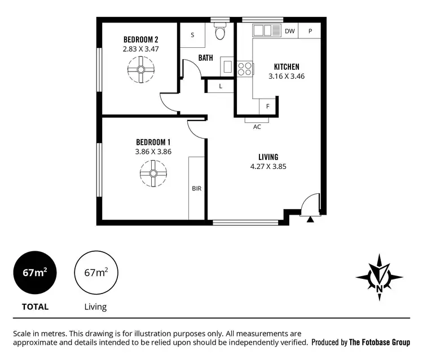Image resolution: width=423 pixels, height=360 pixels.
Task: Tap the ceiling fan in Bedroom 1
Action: click(152, 173)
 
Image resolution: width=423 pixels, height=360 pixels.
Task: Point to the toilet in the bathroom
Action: click(220, 33)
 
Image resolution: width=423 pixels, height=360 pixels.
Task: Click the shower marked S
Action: click(192, 35)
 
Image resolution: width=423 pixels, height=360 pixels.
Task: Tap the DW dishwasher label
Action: click(289, 32)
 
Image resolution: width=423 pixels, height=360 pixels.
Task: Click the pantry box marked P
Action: click(310, 32)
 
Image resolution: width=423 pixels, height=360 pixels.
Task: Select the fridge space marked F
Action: click(268, 106)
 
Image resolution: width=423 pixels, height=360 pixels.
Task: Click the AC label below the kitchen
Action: click(257, 127)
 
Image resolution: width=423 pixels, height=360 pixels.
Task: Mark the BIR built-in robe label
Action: click(196, 189)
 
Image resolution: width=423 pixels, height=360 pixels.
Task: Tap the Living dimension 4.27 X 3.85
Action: click(269, 166)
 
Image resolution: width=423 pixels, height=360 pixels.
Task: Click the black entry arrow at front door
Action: click(310, 219)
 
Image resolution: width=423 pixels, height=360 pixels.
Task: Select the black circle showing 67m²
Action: click(35, 273)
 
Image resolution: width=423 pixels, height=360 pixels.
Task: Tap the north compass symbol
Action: click(379, 277)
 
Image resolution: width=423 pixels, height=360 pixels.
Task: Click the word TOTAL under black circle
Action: click(35, 307)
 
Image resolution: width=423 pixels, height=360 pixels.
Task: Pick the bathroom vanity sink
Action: click(228, 66)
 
